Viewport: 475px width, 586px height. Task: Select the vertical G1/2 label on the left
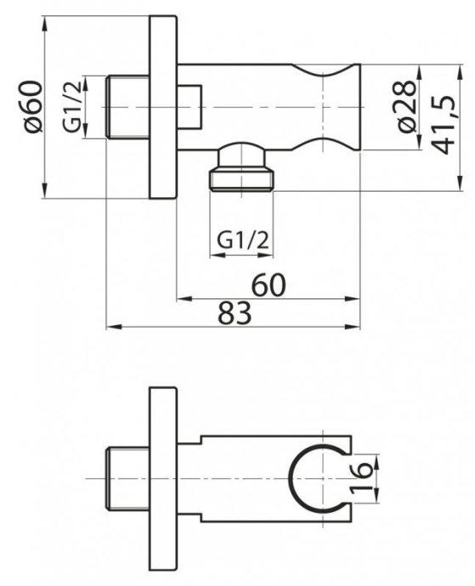[73, 109]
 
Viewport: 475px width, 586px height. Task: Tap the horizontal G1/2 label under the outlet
[242, 240]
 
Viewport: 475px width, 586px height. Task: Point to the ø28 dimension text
[407, 108]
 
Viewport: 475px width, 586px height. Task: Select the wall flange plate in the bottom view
[162, 479]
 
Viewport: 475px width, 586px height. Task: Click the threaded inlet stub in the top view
[130, 107]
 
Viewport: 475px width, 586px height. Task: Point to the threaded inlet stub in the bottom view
[130, 479]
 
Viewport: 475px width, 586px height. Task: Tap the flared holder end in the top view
[340, 107]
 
